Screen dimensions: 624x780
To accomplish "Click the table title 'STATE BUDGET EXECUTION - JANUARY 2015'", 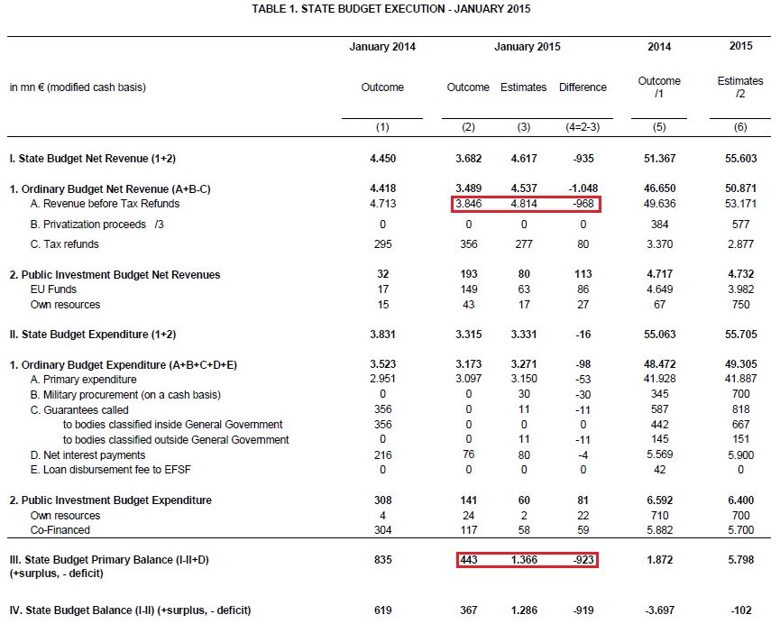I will coord(390,9).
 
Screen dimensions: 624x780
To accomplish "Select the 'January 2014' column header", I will coord(382,47).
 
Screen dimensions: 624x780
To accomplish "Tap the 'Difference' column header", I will coord(583,87).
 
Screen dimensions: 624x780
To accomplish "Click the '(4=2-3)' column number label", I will coord(583,127).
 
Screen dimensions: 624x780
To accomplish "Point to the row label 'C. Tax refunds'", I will coord(64,244).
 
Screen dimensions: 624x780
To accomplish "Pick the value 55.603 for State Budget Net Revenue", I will coord(740,159).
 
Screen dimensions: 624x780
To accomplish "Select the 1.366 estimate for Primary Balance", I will coord(524,560).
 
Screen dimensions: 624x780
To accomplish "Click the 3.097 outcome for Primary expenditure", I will coord(468,380).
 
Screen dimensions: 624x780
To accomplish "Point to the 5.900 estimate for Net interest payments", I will coord(740,455).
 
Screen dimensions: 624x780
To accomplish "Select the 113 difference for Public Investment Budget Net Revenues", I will coord(583,274).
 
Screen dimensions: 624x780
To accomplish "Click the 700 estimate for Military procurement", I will coord(740,395).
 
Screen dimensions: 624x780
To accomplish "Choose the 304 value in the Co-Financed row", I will coord(382,530).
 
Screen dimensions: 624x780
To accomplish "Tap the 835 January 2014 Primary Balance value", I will coord(382,560).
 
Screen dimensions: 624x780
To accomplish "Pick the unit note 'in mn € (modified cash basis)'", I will coord(78,87).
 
